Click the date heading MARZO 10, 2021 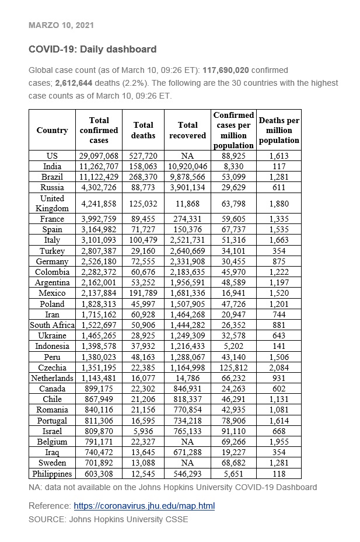pos(61,26)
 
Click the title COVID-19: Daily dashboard pos(92,50)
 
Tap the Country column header pos(52,130)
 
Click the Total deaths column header pos(144,130)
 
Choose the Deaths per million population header pos(279,130)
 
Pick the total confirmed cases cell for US pos(99,156)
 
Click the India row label pos(52,166)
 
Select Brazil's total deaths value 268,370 pos(144,177)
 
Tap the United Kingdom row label pos(52,203)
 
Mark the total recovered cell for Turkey pos(187,251)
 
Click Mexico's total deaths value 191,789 pos(144,293)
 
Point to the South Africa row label pos(52,325)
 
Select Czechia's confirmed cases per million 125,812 pos(233,368)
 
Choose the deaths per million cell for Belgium pos(279,442)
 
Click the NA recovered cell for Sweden pos(187,463)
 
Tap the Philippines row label pos(52,474)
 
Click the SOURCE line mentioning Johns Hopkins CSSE pos(108,519)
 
